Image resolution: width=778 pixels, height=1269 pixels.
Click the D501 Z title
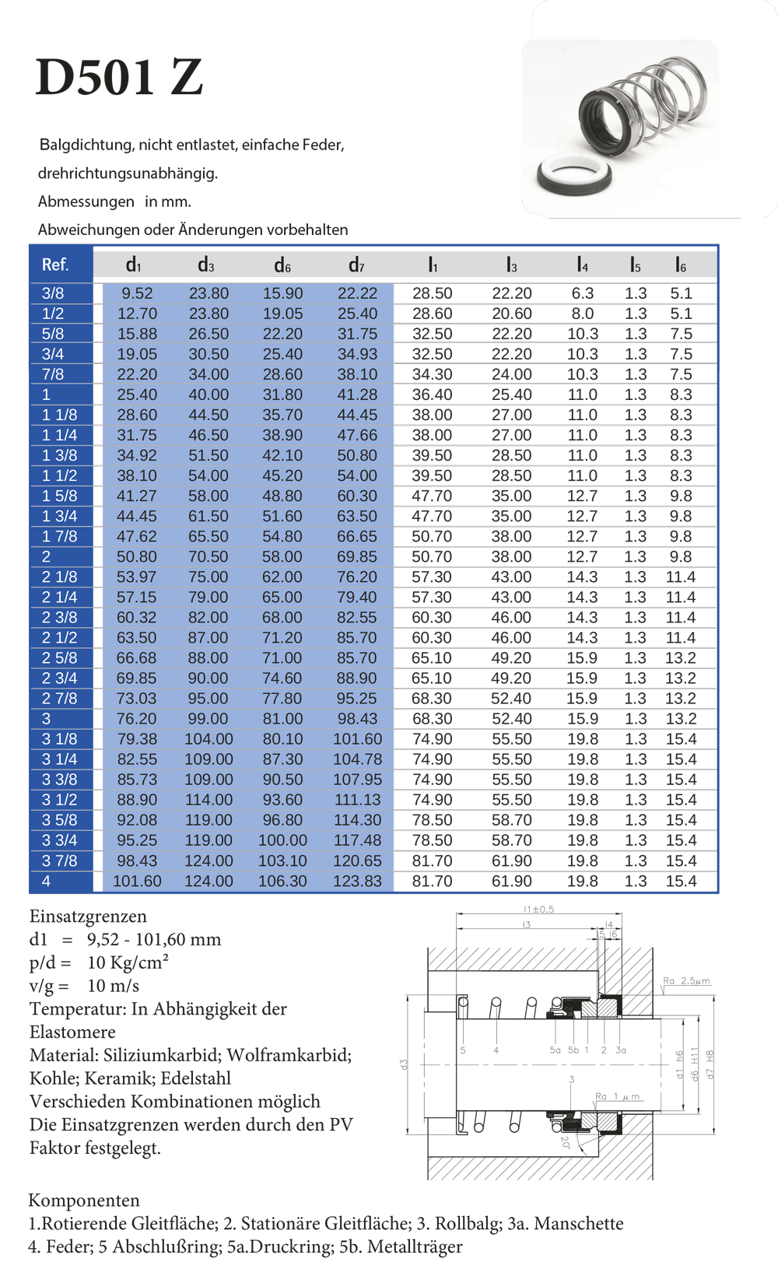[x=119, y=77]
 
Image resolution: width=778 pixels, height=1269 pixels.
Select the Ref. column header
[x=55, y=265]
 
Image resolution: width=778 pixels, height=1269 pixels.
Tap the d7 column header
[x=356, y=265]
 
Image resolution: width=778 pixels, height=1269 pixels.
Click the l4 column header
[x=582, y=265]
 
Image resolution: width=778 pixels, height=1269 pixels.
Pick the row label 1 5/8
[x=60, y=496]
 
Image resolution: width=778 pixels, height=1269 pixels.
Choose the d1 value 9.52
[x=137, y=293]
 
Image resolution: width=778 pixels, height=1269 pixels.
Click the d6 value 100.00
[x=282, y=840]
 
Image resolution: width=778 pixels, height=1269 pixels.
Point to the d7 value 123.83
[x=357, y=881]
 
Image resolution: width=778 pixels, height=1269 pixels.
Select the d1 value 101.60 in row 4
[x=137, y=881]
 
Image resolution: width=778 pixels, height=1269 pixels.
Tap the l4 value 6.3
[x=582, y=293]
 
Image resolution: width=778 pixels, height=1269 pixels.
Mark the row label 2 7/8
[x=60, y=699]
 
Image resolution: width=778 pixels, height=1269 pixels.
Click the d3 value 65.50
[x=209, y=536]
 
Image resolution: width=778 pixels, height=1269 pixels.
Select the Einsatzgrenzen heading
[x=88, y=916]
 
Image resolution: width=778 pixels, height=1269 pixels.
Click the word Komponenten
[x=84, y=1200]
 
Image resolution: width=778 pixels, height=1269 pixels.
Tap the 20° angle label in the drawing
[x=566, y=1142]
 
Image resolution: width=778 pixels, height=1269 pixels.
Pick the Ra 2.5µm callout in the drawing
[x=686, y=981]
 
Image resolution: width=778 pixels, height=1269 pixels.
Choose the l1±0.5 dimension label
[x=538, y=910]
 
